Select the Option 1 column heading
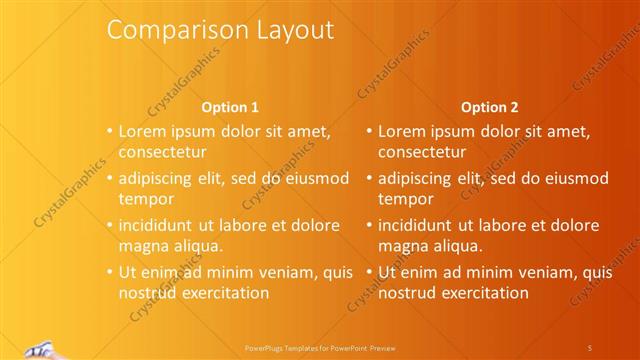[230, 107]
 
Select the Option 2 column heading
[489, 107]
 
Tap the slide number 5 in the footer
[589, 347]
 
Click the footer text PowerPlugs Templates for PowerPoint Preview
[319, 347]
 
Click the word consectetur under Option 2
[422, 153]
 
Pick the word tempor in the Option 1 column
[146, 199]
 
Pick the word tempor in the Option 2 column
[405, 199]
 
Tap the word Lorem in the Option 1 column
[141, 131]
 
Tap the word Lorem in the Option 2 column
[400, 131]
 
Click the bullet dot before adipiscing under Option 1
[109, 178]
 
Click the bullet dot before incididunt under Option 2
[368, 225]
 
